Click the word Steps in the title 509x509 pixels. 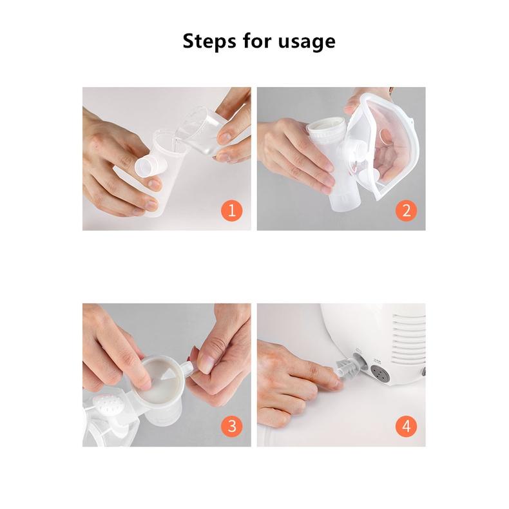pyautogui.click(x=209, y=41)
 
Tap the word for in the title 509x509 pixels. pyautogui.click(x=257, y=41)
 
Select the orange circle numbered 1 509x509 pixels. pyautogui.click(x=232, y=210)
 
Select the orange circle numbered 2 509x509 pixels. pyautogui.click(x=406, y=210)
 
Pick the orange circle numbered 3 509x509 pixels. pyautogui.click(x=232, y=426)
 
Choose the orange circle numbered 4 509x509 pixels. pyautogui.click(x=406, y=426)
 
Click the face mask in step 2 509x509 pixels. pyautogui.click(x=383, y=146)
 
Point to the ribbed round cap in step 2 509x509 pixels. pyautogui.click(x=325, y=131)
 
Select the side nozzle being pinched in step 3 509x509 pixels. pyautogui.click(x=187, y=369)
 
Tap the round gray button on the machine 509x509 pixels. pyautogui.click(x=380, y=374)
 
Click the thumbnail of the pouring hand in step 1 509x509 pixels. pyautogui.click(x=224, y=138)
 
